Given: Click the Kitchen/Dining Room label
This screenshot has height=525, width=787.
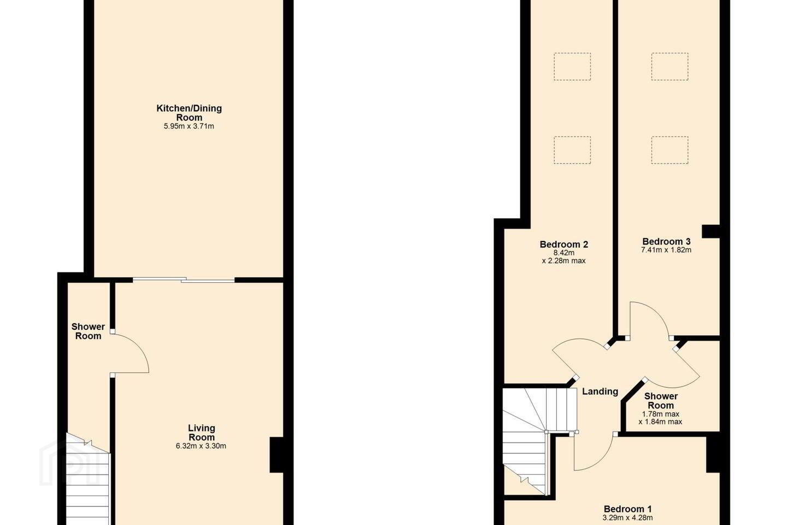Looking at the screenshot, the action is coord(189,113).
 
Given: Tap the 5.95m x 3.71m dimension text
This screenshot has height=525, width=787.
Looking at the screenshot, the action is coord(189,126).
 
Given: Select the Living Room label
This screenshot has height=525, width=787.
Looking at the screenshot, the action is coord(201,433).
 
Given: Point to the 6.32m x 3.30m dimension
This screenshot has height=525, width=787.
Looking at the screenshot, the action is coord(201,446).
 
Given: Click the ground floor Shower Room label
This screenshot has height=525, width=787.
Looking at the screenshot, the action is coord(88,331).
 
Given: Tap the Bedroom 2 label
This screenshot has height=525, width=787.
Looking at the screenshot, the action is coord(564,244).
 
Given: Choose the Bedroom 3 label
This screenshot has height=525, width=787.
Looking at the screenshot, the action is coord(666,242).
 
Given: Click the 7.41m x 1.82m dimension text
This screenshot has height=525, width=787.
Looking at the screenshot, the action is coord(666,250).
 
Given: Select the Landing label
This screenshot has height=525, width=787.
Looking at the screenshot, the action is coord(600,392).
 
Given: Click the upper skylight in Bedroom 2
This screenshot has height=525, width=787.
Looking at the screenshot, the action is coord(572,67).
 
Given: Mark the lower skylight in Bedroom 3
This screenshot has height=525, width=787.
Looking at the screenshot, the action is coord(669,150).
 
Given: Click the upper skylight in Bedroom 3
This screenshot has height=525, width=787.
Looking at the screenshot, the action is coord(669,67).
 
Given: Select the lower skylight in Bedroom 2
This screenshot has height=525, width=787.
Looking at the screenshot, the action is coord(572,150).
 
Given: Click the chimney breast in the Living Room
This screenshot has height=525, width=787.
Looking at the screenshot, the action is coord(277,454).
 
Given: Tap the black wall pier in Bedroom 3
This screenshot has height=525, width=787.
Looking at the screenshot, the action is coord(710,231).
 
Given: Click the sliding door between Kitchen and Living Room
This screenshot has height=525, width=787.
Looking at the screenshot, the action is coord(184,280).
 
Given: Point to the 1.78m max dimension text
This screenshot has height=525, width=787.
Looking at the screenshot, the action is coord(661,414).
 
